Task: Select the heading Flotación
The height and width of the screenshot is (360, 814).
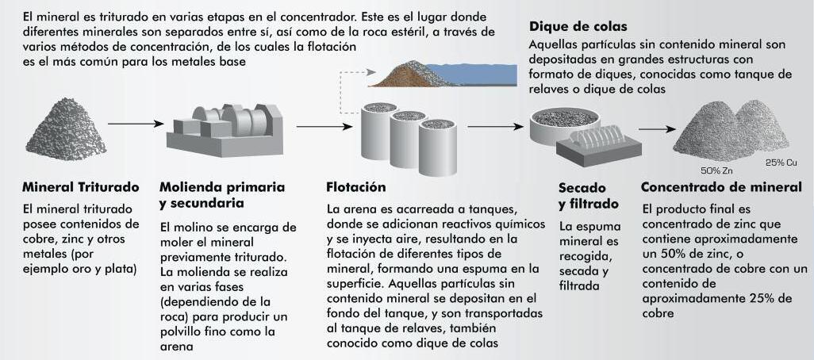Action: click(x=356, y=188)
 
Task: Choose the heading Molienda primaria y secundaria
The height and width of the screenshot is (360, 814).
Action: click(x=222, y=195)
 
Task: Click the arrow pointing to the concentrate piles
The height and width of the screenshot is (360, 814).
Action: click(x=652, y=128)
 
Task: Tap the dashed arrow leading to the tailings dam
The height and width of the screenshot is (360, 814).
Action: click(x=354, y=76)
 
